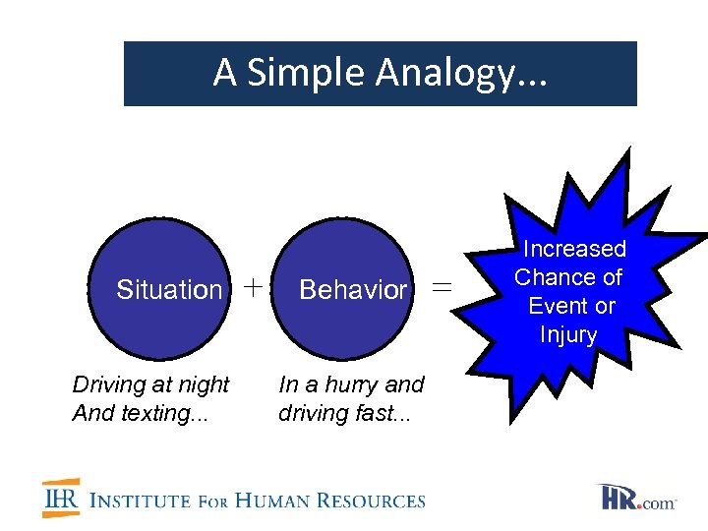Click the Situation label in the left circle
tap(169, 290)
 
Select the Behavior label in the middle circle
tap(352, 290)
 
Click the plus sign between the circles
tap(253, 287)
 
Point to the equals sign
tap(443, 287)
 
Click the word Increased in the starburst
tap(574, 250)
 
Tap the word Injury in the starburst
tap(568, 335)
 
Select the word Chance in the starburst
tap(553, 278)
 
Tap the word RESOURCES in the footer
tap(379, 501)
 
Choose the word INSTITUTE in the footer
tap(140, 501)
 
